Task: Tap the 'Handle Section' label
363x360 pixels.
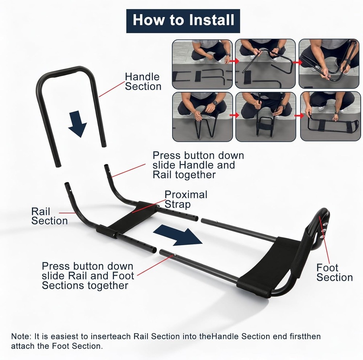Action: (x=143, y=82)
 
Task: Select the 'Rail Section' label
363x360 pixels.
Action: (x=49, y=216)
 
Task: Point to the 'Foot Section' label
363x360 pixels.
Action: (x=334, y=273)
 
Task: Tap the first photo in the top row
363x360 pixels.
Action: (x=202, y=64)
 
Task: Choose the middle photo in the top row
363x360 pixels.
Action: (x=265, y=64)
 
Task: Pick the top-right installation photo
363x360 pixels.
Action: (x=329, y=64)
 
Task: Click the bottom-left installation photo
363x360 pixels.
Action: (x=202, y=117)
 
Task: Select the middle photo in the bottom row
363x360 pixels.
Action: (x=265, y=117)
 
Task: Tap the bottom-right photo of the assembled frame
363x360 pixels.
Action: (x=329, y=117)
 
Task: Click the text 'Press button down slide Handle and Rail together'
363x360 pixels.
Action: (x=198, y=165)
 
